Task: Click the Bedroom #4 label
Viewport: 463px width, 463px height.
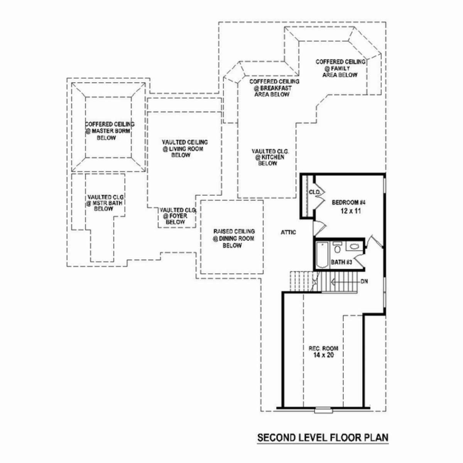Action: point(349,203)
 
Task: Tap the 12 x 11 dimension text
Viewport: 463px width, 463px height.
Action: point(351,211)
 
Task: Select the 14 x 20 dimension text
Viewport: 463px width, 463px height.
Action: point(323,355)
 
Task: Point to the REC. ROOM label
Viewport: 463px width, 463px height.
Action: point(323,348)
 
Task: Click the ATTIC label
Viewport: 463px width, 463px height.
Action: point(288,232)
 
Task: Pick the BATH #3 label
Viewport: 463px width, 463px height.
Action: point(341,262)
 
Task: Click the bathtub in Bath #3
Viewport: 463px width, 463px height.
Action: point(322,255)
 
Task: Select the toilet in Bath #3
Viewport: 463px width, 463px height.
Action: point(337,247)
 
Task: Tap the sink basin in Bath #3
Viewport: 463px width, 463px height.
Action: point(354,246)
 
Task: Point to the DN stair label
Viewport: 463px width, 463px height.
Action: point(364,281)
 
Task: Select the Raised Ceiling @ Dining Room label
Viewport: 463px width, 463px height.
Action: point(234,238)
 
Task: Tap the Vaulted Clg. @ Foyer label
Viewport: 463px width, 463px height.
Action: point(178,216)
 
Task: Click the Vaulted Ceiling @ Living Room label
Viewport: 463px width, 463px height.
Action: point(185,149)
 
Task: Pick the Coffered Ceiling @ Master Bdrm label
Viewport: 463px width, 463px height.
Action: point(110,131)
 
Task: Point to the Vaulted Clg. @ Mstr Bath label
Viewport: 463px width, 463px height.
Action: point(105,203)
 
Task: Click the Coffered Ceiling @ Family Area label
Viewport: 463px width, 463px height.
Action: point(340,68)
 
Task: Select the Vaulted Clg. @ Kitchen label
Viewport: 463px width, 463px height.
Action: point(270,157)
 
